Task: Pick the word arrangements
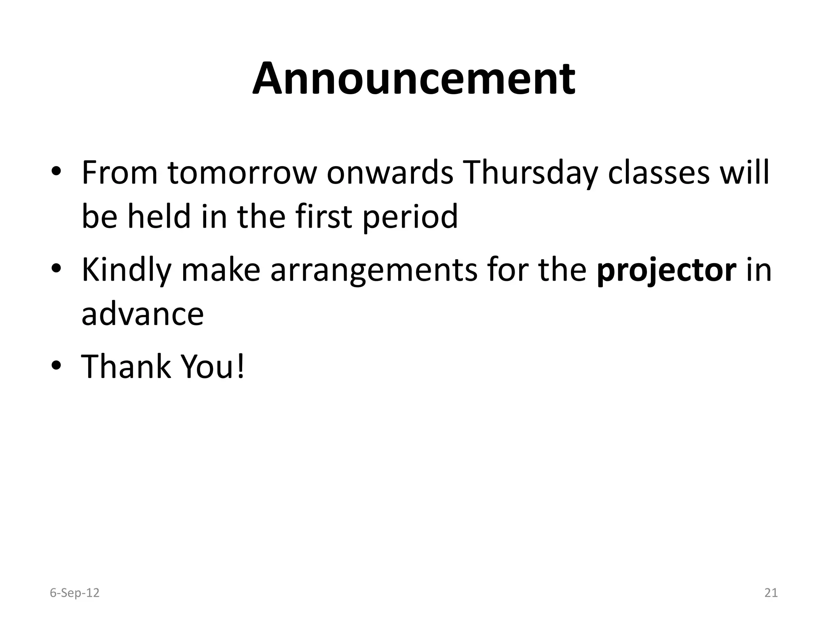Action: click(374, 270)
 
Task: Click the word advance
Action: click(143, 314)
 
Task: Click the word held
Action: click(159, 216)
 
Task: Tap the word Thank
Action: click(126, 366)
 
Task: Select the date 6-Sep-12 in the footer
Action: click(74, 593)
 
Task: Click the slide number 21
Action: click(771, 593)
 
